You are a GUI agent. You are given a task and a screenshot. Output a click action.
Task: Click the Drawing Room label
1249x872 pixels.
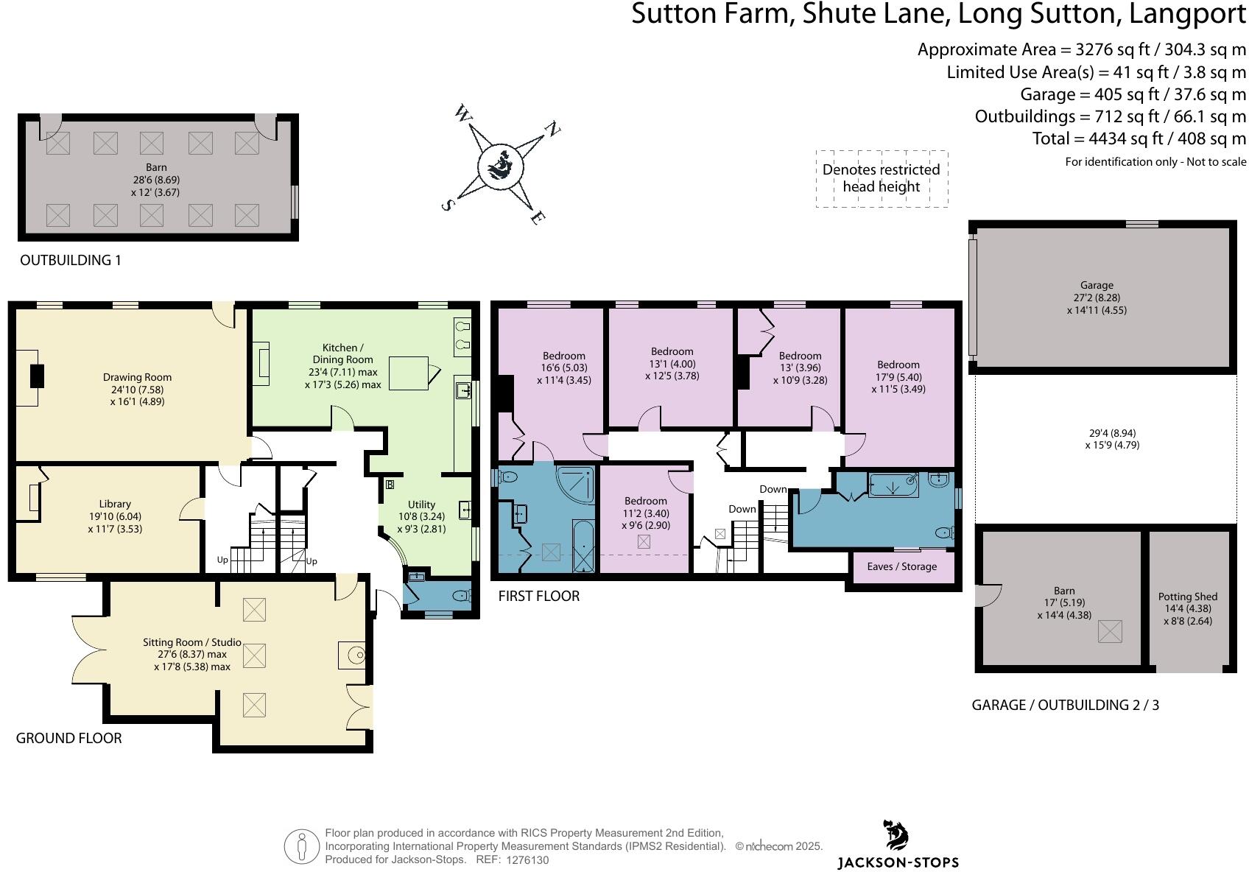click(x=137, y=377)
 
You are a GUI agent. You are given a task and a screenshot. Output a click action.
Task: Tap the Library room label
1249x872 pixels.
click(x=115, y=504)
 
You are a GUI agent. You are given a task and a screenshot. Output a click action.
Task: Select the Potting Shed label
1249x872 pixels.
click(x=1187, y=597)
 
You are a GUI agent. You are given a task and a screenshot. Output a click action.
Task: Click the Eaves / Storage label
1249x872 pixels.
click(x=901, y=566)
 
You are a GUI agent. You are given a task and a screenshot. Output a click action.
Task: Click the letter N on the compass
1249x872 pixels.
click(x=551, y=130)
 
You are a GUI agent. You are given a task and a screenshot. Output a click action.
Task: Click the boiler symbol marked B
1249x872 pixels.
click(x=390, y=485)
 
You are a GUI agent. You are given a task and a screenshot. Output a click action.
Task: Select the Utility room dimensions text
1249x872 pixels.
click(x=421, y=523)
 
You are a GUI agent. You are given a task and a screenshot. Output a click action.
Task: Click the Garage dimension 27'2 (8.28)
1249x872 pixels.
click(x=1097, y=298)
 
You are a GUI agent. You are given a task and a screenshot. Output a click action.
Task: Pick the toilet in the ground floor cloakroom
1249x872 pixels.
click(x=460, y=595)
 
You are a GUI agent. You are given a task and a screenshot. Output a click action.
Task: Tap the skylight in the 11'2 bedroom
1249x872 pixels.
click(x=644, y=542)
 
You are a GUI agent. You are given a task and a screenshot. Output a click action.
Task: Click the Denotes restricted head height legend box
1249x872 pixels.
click(x=881, y=178)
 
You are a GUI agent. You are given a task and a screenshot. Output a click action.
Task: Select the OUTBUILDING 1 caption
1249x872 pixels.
click(x=70, y=260)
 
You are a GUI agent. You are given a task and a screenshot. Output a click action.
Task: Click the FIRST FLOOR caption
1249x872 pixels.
click(x=538, y=596)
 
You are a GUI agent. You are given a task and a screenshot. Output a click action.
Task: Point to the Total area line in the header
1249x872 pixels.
click(x=1139, y=138)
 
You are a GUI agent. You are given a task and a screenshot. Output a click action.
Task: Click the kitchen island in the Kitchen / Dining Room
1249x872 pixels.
click(x=409, y=373)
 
